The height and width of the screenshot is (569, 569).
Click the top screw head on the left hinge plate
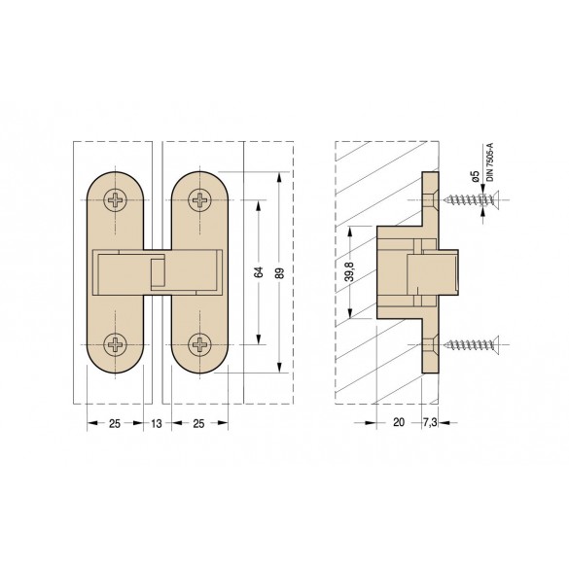pos(116,200)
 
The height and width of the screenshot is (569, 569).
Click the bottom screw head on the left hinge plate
pos(116,344)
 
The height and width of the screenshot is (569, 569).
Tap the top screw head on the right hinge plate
pos(200,200)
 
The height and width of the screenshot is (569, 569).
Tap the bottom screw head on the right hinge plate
pos(200,344)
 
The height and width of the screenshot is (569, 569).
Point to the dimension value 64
pos(259,272)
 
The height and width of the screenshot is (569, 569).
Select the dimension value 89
pos(279,273)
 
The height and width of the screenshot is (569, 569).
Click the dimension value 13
pos(157,423)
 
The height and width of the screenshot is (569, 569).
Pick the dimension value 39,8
pos(349,271)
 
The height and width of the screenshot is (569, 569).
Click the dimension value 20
pos(399,422)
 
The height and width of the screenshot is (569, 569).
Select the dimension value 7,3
pos(430,422)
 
